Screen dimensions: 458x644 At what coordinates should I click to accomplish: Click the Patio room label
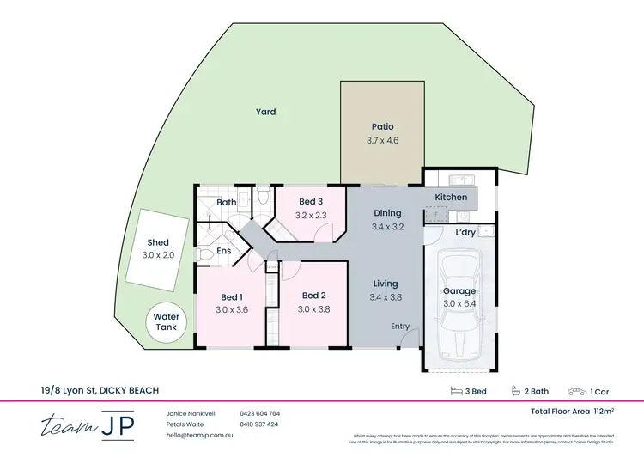click(382, 126)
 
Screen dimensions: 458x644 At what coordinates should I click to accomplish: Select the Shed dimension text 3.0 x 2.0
click(157, 255)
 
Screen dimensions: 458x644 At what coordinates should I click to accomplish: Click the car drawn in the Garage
click(461, 309)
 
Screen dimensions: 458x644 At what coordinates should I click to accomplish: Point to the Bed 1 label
click(231, 296)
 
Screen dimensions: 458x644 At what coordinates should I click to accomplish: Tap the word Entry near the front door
click(400, 326)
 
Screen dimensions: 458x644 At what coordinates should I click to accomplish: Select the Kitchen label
click(451, 198)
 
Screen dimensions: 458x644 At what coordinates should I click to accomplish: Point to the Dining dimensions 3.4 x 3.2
click(387, 227)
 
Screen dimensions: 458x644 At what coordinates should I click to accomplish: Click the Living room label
click(386, 284)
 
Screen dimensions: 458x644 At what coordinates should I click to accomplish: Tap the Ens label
click(223, 251)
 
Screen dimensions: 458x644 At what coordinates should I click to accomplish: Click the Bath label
click(227, 203)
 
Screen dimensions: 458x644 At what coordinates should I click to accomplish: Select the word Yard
click(265, 112)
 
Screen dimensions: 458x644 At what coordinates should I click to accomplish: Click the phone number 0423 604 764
click(259, 413)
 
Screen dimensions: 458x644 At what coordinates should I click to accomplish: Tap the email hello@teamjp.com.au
click(199, 436)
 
